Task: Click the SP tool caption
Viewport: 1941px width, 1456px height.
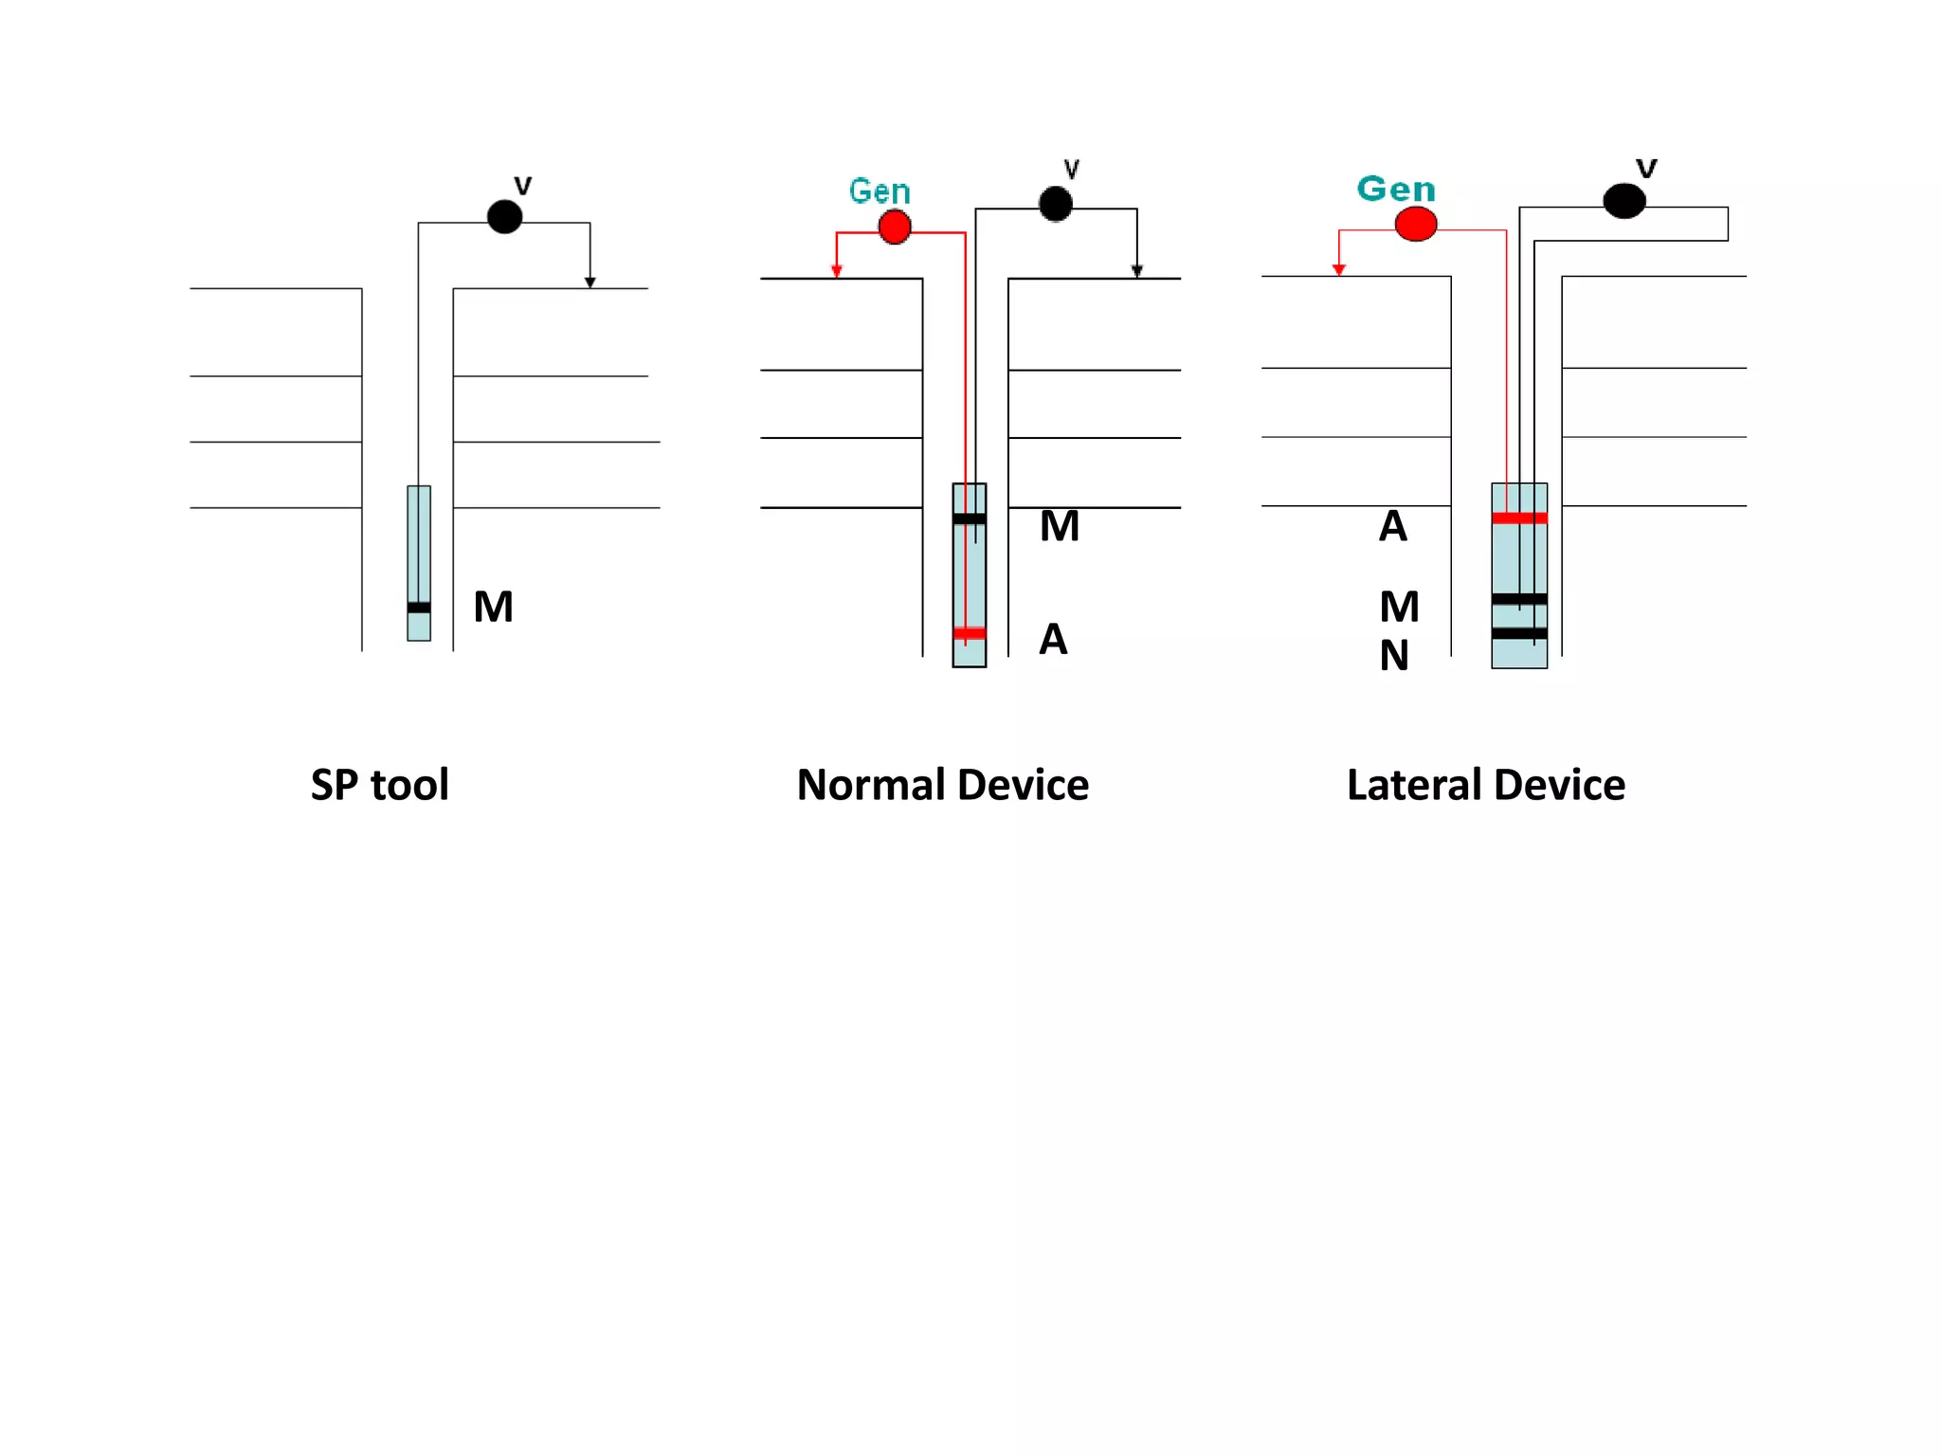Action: pyautogui.click(x=379, y=785)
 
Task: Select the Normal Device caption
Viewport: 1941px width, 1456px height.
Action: pyautogui.click(x=942, y=785)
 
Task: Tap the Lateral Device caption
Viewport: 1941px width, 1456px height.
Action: pyautogui.click(x=1485, y=785)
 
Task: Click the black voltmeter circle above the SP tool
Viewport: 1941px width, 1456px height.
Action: pyautogui.click(x=504, y=216)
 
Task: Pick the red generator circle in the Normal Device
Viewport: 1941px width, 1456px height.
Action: pyautogui.click(x=895, y=227)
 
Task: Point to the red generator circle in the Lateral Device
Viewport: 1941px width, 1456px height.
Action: pyautogui.click(x=1416, y=225)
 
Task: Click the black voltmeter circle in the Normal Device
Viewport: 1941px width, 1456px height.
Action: pyautogui.click(x=1055, y=204)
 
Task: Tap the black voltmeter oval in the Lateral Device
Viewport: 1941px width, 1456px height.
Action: pyautogui.click(x=1624, y=201)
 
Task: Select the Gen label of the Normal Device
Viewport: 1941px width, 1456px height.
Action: pyautogui.click(x=880, y=191)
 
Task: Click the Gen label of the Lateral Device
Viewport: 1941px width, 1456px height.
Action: pyautogui.click(x=1396, y=189)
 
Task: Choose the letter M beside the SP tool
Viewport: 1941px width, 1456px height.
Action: pyautogui.click(x=494, y=607)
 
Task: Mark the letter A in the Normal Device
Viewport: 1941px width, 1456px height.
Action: pyautogui.click(x=1053, y=640)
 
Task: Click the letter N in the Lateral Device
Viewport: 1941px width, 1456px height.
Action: pyautogui.click(x=1394, y=656)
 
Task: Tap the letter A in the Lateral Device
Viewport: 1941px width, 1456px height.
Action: pyautogui.click(x=1392, y=526)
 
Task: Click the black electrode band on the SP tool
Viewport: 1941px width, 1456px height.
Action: pyautogui.click(x=419, y=608)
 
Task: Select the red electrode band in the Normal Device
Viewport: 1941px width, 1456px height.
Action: pyautogui.click(x=969, y=633)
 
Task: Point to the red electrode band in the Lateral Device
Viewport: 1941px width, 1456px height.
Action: pyautogui.click(x=1519, y=519)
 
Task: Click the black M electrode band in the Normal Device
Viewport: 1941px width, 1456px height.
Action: pyautogui.click(x=969, y=519)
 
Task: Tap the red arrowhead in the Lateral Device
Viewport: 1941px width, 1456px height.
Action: pyautogui.click(x=1338, y=270)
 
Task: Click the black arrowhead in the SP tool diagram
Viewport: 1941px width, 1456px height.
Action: pyautogui.click(x=590, y=282)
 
